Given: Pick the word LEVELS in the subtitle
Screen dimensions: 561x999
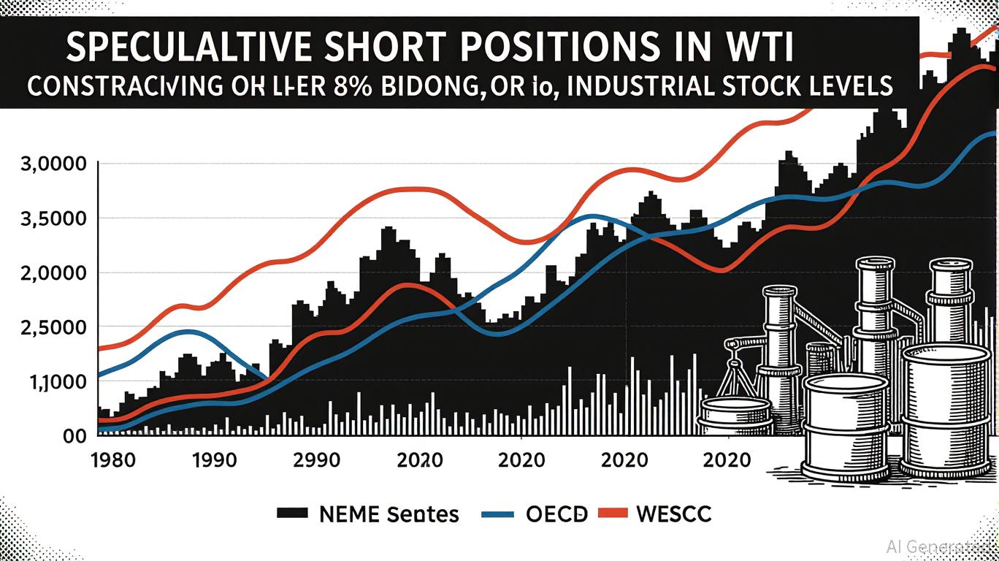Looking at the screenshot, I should [x=846, y=85].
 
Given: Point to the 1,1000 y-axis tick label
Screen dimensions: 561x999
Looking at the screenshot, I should [x=51, y=381].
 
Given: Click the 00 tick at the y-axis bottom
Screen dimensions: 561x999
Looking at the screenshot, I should [x=77, y=435].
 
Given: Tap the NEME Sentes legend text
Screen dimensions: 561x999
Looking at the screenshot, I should [x=389, y=514].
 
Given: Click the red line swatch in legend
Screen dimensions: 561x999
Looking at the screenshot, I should [x=613, y=514].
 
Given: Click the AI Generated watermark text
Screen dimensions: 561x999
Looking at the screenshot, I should [x=938, y=546].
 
